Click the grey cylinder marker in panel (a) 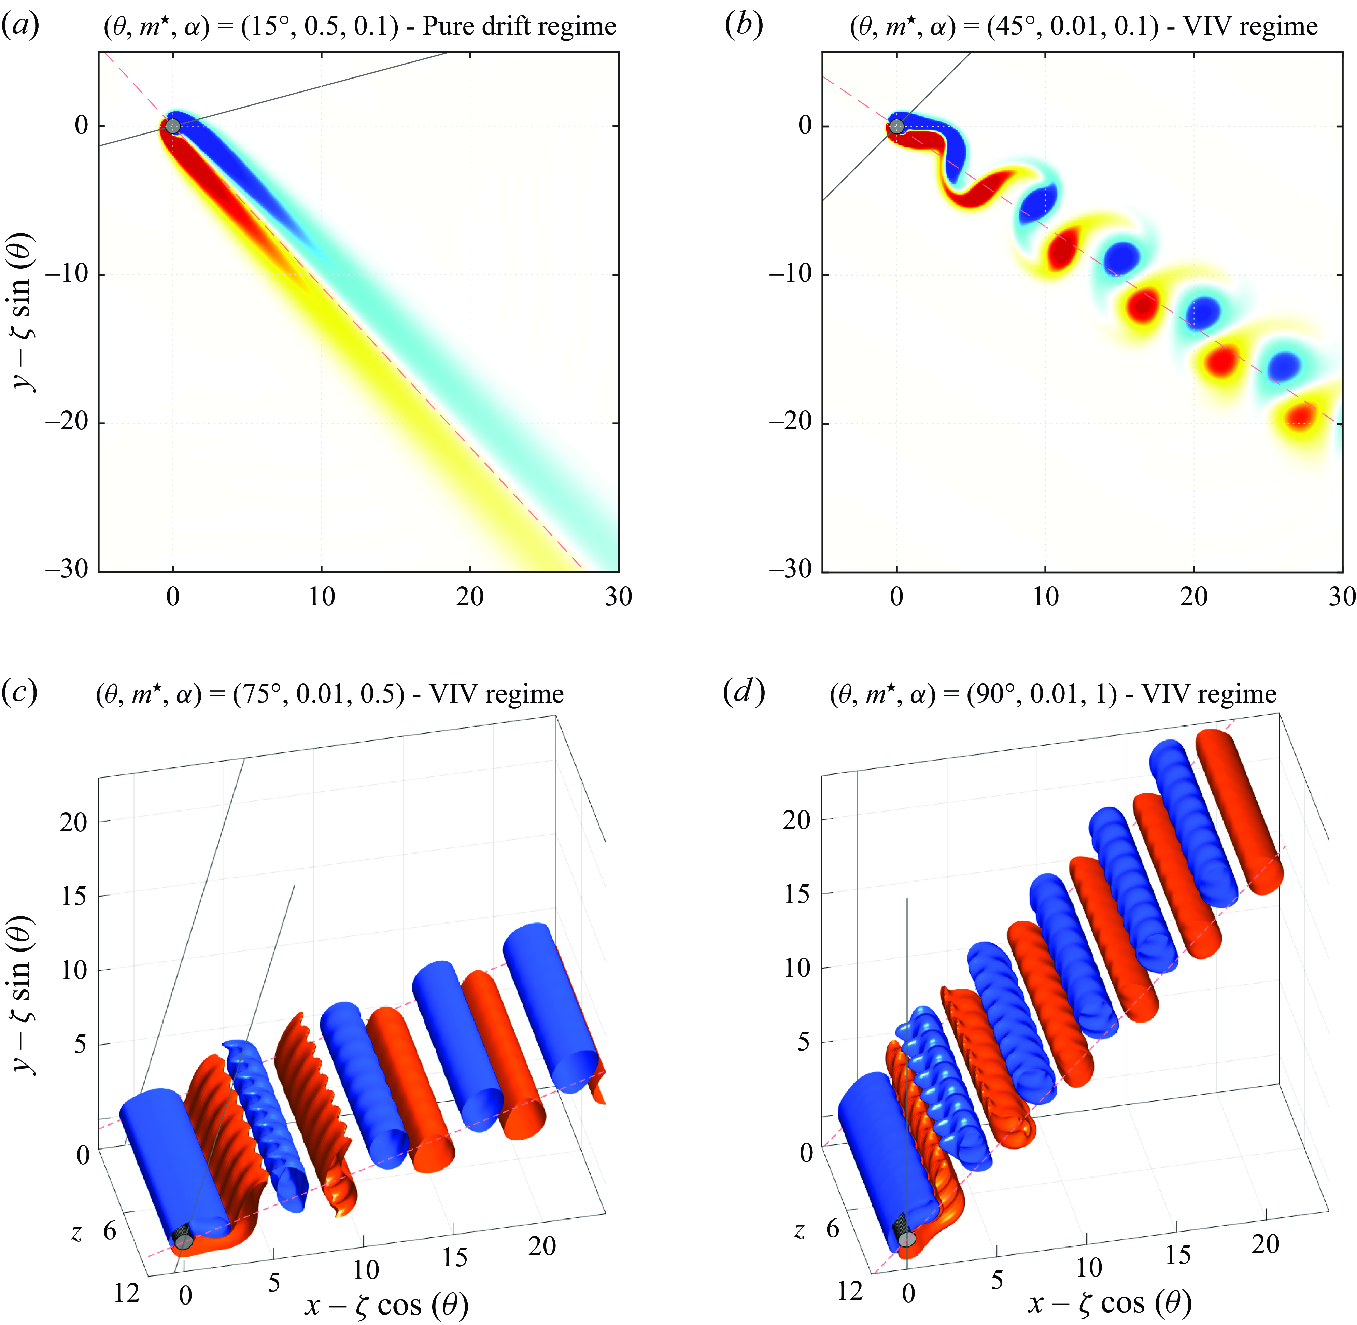point(173,126)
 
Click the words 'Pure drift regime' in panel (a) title point(520,26)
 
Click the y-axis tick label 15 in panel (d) point(797,893)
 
